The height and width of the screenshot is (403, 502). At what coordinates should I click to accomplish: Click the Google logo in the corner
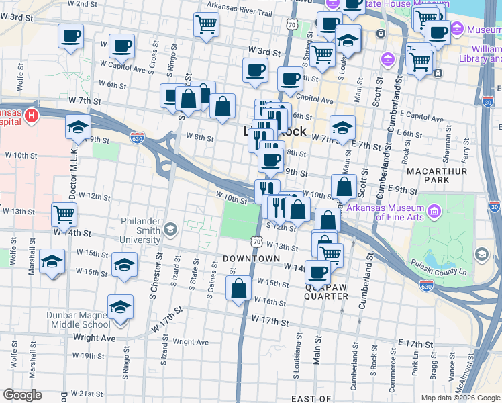22,395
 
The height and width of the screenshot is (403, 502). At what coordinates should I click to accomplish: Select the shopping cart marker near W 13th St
64,215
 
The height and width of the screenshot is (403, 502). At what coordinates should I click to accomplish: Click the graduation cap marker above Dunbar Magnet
121,306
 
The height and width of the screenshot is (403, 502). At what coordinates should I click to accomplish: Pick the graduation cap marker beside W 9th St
79,126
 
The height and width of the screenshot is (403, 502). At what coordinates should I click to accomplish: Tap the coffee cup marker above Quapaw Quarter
317,272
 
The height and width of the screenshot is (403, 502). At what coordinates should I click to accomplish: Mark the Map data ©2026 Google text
461,398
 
